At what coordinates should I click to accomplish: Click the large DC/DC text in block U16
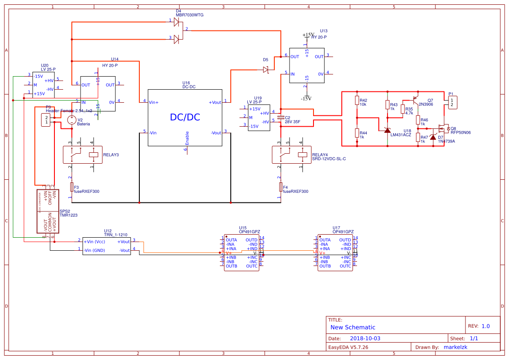click(x=185, y=117)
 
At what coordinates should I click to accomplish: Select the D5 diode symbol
click(x=266, y=70)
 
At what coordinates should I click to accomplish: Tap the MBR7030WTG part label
click(x=189, y=15)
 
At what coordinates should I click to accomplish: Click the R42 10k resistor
click(x=357, y=101)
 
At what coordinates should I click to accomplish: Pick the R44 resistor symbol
click(x=357, y=133)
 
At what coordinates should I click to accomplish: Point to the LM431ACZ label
click(x=401, y=135)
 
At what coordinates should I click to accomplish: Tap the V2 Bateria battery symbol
click(x=71, y=120)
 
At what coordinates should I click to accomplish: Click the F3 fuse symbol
click(x=71, y=187)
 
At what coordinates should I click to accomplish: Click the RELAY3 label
click(x=111, y=155)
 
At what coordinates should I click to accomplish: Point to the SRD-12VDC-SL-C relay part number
click(x=329, y=159)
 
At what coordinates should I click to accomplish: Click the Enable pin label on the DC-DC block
click(x=187, y=138)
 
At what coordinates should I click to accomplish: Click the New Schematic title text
click(x=353, y=327)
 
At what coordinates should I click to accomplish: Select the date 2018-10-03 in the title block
click(x=365, y=338)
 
